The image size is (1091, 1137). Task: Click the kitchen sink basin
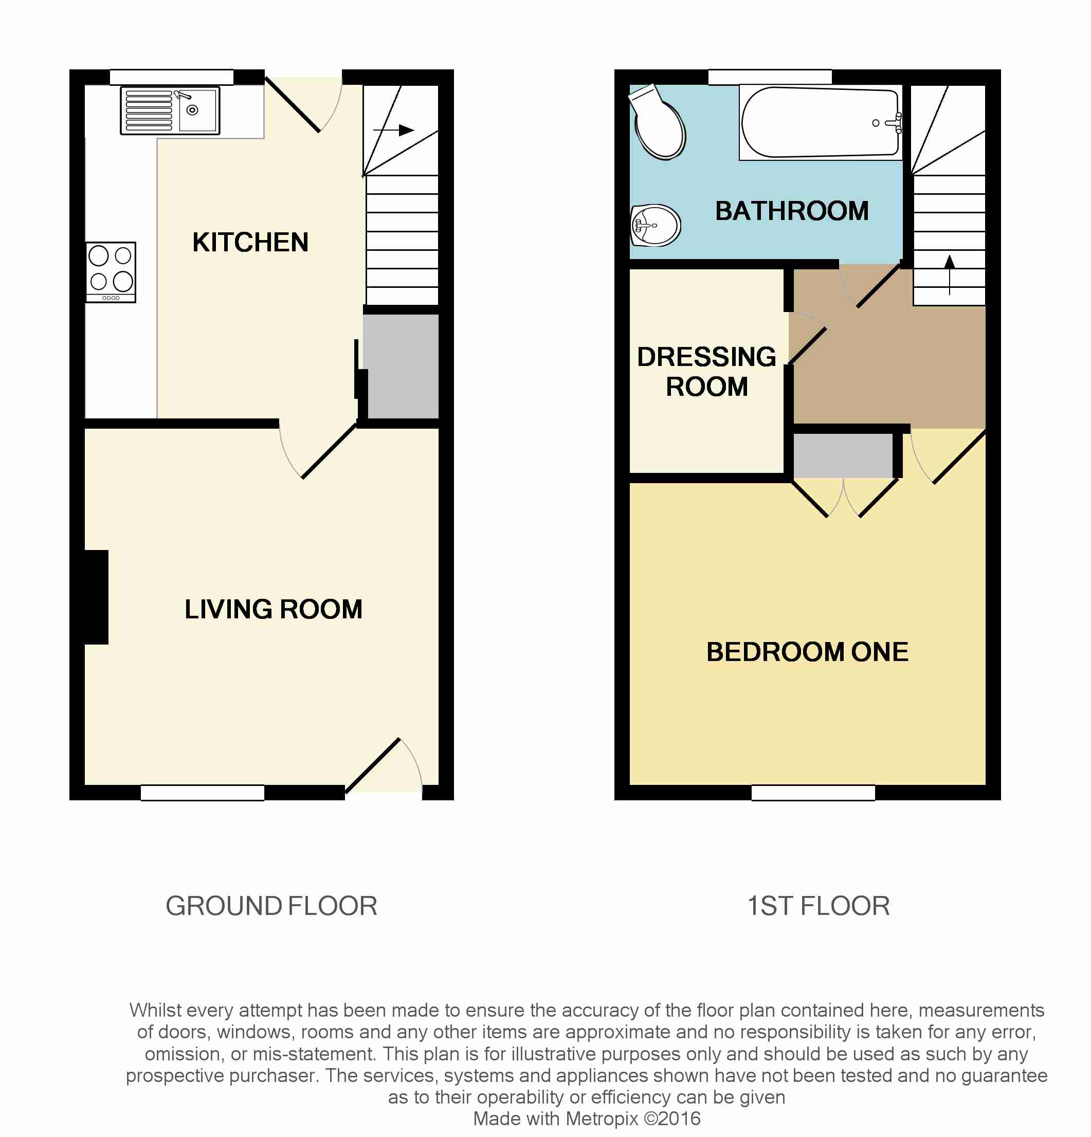click(197, 110)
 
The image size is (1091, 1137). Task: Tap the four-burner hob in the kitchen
click(111, 272)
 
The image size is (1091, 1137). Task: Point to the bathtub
click(820, 122)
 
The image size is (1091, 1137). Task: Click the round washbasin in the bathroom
click(655, 225)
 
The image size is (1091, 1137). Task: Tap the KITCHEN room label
click(250, 243)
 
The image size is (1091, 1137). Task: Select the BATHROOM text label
click(792, 211)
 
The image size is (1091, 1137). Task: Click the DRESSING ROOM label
click(706, 371)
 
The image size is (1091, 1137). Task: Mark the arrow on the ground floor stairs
click(393, 130)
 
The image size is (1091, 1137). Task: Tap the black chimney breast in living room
click(96, 597)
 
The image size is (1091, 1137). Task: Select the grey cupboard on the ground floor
click(401, 366)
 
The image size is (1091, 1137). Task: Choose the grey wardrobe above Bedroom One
click(843, 456)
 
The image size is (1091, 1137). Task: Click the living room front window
click(203, 793)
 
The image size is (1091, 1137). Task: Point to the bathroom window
click(770, 77)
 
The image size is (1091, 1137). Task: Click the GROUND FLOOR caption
click(271, 906)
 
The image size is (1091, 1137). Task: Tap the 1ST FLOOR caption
click(819, 906)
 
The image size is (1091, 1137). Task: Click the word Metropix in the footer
click(601, 1118)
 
